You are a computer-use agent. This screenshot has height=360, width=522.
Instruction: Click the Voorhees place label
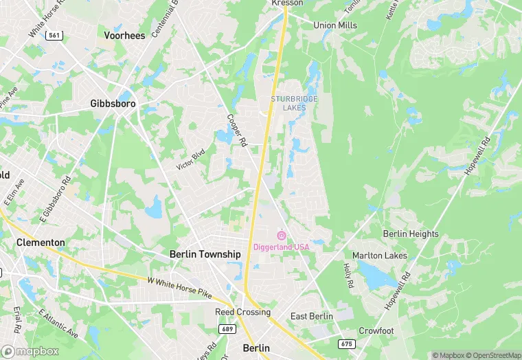[124, 35]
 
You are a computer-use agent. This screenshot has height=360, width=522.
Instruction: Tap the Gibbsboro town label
[113, 104]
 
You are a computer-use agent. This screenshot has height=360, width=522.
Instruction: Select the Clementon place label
[41, 243]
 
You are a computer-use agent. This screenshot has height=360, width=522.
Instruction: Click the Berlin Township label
[205, 254]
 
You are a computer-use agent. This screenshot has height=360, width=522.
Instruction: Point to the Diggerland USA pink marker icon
[281, 236]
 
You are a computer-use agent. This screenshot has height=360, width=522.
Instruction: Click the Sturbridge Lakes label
[294, 103]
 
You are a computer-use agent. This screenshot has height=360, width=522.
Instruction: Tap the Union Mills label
[335, 25]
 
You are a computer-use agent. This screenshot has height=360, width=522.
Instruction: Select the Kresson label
[286, 3]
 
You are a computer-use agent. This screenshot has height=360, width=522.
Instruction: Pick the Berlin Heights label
[411, 234]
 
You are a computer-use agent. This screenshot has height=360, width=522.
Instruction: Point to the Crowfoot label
[376, 330]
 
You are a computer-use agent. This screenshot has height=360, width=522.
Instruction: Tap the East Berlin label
[312, 316]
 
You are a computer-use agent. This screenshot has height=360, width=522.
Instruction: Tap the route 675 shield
[347, 343]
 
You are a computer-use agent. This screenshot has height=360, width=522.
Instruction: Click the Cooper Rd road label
[236, 130]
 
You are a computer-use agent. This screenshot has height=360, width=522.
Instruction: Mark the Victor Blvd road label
[191, 160]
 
